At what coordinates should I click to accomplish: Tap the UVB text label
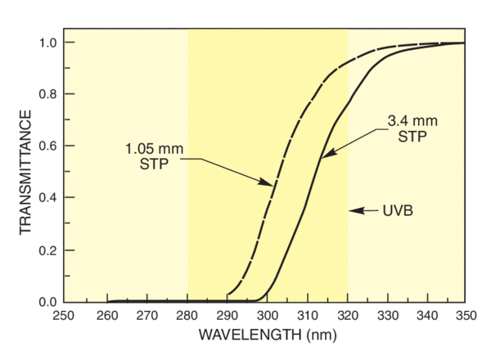tap(397, 210)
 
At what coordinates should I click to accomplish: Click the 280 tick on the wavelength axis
tap(187, 314)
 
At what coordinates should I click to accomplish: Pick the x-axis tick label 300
tap(268, 314)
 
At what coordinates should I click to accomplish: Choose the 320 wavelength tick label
tap(348, 314)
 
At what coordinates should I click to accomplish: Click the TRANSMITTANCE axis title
tap(25, 173)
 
